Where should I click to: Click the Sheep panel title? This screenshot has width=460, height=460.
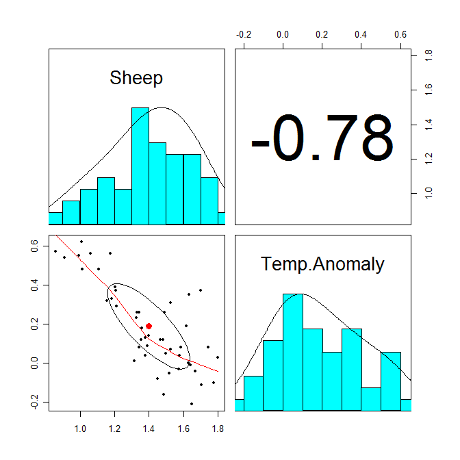point(136,78)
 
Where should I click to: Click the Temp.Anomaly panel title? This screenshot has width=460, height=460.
point(323,264)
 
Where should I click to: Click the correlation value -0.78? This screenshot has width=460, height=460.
point(322,139)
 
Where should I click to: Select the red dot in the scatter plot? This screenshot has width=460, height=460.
point(149,326)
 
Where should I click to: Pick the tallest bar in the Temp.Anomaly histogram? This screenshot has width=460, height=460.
point(293,352)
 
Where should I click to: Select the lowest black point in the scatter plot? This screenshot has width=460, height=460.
point(192,404)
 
